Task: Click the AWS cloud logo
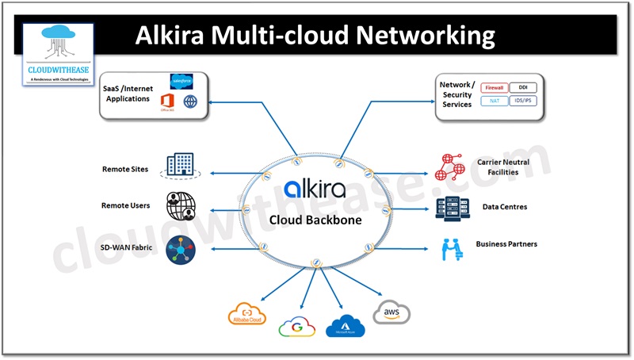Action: click(x=391, y=312)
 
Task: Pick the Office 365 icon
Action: click(x=167, y=101)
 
